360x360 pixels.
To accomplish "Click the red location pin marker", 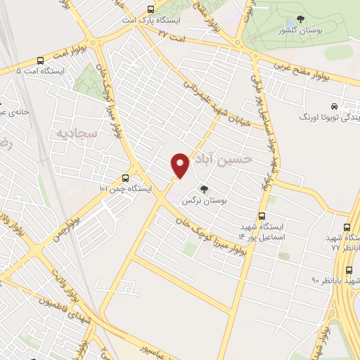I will pyautogui.click(x=181, y=165).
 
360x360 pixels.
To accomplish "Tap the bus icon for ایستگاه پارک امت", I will pyautogui.click(x=150, y=9).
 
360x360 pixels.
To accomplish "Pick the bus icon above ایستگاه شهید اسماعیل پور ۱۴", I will pyautogui.click(x=262, y=216).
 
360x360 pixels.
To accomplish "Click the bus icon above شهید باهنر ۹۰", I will pyautogui.click(x=349, y=269).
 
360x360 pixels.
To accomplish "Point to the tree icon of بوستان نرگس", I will pyautogui.click(x=204, y=188).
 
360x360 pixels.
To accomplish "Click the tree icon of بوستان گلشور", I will pyautogui.click(x=300, y=20).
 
